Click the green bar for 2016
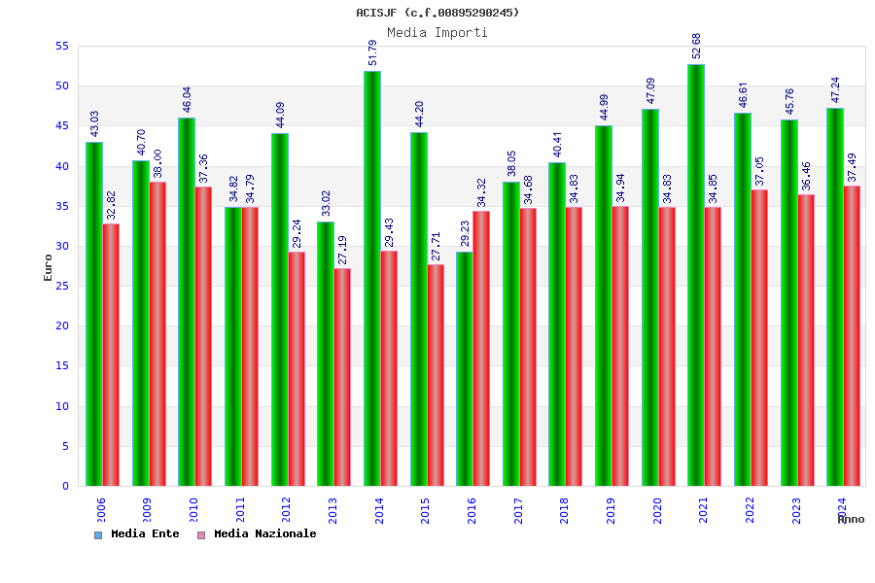click(x=465, y=368)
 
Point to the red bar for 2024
click(x=852, y=335)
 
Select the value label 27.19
click(x=343, y=251)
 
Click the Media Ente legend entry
click(x=137, y=534)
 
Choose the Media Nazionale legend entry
click(x=257, y=534)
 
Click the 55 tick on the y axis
click(x=61, y=46)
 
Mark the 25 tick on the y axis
click(x=61, y=286)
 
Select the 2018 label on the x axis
click(x=565, y=510)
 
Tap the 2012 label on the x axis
click(x=287, y=510)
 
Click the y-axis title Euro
click(x=49, y=267)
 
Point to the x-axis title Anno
click(x=851, y=520)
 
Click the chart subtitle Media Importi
click(x=437, y=32)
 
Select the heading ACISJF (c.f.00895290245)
click(x=437, y=13)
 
